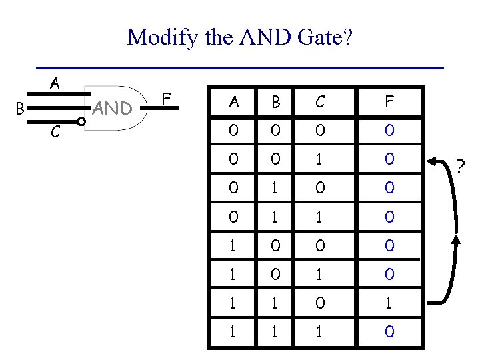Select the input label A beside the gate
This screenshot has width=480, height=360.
click(55, 84)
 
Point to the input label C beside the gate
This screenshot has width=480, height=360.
click(55, 133)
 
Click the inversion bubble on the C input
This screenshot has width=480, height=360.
click(80, 121)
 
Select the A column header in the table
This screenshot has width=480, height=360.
click(233, 102)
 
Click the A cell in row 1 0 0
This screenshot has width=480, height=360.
click(233, 245)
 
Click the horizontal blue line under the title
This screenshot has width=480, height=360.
click(240, 68)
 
